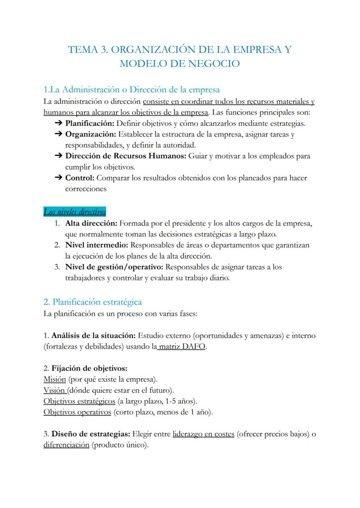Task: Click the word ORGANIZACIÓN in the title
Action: pos(153,50)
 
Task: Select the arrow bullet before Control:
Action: pos(58,178)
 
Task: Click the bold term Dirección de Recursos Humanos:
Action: pos(126,156)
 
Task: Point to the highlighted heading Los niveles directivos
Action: pos(75,212)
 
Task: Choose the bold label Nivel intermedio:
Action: pos(97,245)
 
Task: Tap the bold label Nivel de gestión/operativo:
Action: pos(114,267)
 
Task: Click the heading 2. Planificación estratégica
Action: pos(93,302)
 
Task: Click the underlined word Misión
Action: pos(54,379)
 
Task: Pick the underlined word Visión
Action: pos(54,390)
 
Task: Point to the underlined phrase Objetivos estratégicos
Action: pos(79,401)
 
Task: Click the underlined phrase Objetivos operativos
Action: pos(77,412)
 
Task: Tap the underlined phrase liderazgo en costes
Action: pos(203,434)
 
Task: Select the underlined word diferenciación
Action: pos(66,445)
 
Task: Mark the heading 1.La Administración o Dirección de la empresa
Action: pos(131,90)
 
